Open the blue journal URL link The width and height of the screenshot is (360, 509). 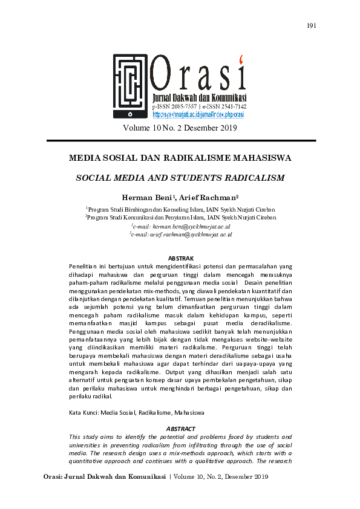pyautogui.click(x=198, y=114)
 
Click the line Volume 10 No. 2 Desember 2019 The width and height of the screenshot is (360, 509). pyautogui.click(x=180, y=128)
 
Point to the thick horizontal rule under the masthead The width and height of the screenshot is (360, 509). pyautogui.click(x=180, y=140)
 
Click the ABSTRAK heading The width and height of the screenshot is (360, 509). pyautogui.click(x=180, y=258)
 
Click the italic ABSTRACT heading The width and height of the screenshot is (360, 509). pyautogui.click(x=180, y=429)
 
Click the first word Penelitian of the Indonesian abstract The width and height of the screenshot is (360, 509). pyautogui.click(x=83, y=266)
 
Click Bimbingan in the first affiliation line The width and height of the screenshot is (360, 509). pyautogui.click(x=136, y=208)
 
